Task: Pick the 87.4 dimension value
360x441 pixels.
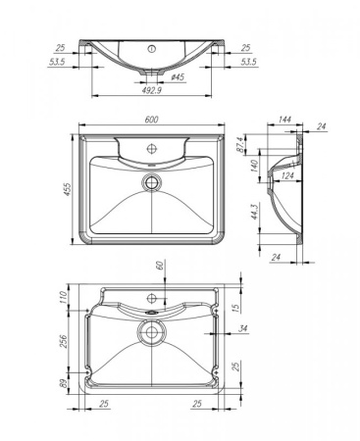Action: point(251,145)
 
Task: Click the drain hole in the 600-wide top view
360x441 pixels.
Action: point(151,181)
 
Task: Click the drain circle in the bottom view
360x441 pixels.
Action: point(151,332)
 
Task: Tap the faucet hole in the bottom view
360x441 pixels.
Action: point(151,297)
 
